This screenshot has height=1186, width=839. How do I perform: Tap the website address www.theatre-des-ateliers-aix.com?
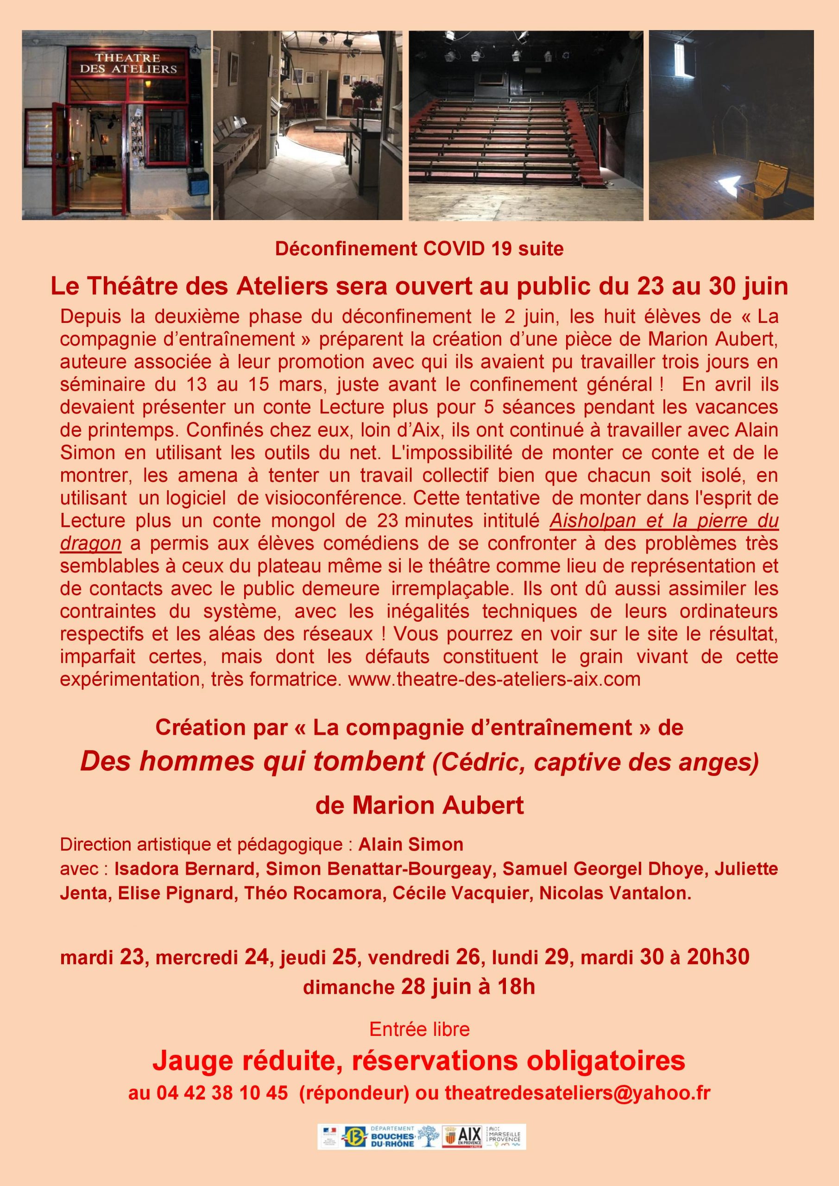point(494,678)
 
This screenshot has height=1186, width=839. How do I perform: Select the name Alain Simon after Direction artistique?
point(411,844)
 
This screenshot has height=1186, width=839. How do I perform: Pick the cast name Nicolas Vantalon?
point(615,894)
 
